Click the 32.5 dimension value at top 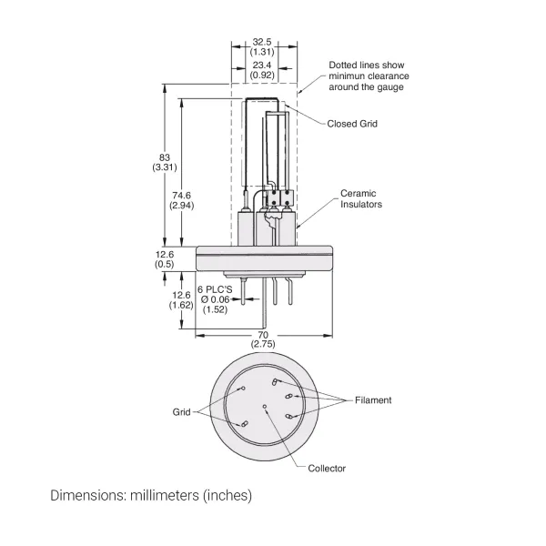[263, 41]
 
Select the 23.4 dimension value [263, 65]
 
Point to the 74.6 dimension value [182, 194]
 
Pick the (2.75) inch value [263, 345]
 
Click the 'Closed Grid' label [352, 124]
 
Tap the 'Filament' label [373, 399]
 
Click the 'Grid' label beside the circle [181, 411]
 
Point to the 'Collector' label [327, 469]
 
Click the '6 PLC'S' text [215, 288]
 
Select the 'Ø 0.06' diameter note [216, 299]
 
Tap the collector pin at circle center [265, 407]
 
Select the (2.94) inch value [182, 205]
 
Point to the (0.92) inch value [263, 76]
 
